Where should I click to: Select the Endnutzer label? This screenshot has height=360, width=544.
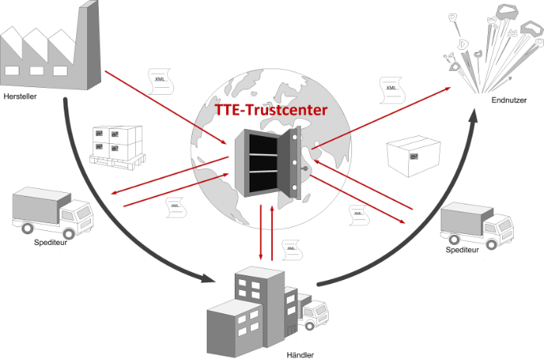pos(509,100)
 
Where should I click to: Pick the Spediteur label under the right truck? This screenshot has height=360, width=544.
pos(463,250)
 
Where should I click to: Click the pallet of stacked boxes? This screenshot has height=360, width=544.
pos(117,146)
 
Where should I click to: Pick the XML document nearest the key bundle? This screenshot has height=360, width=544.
pos(391,90)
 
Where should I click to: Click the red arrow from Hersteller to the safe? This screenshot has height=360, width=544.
pos(171,109)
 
